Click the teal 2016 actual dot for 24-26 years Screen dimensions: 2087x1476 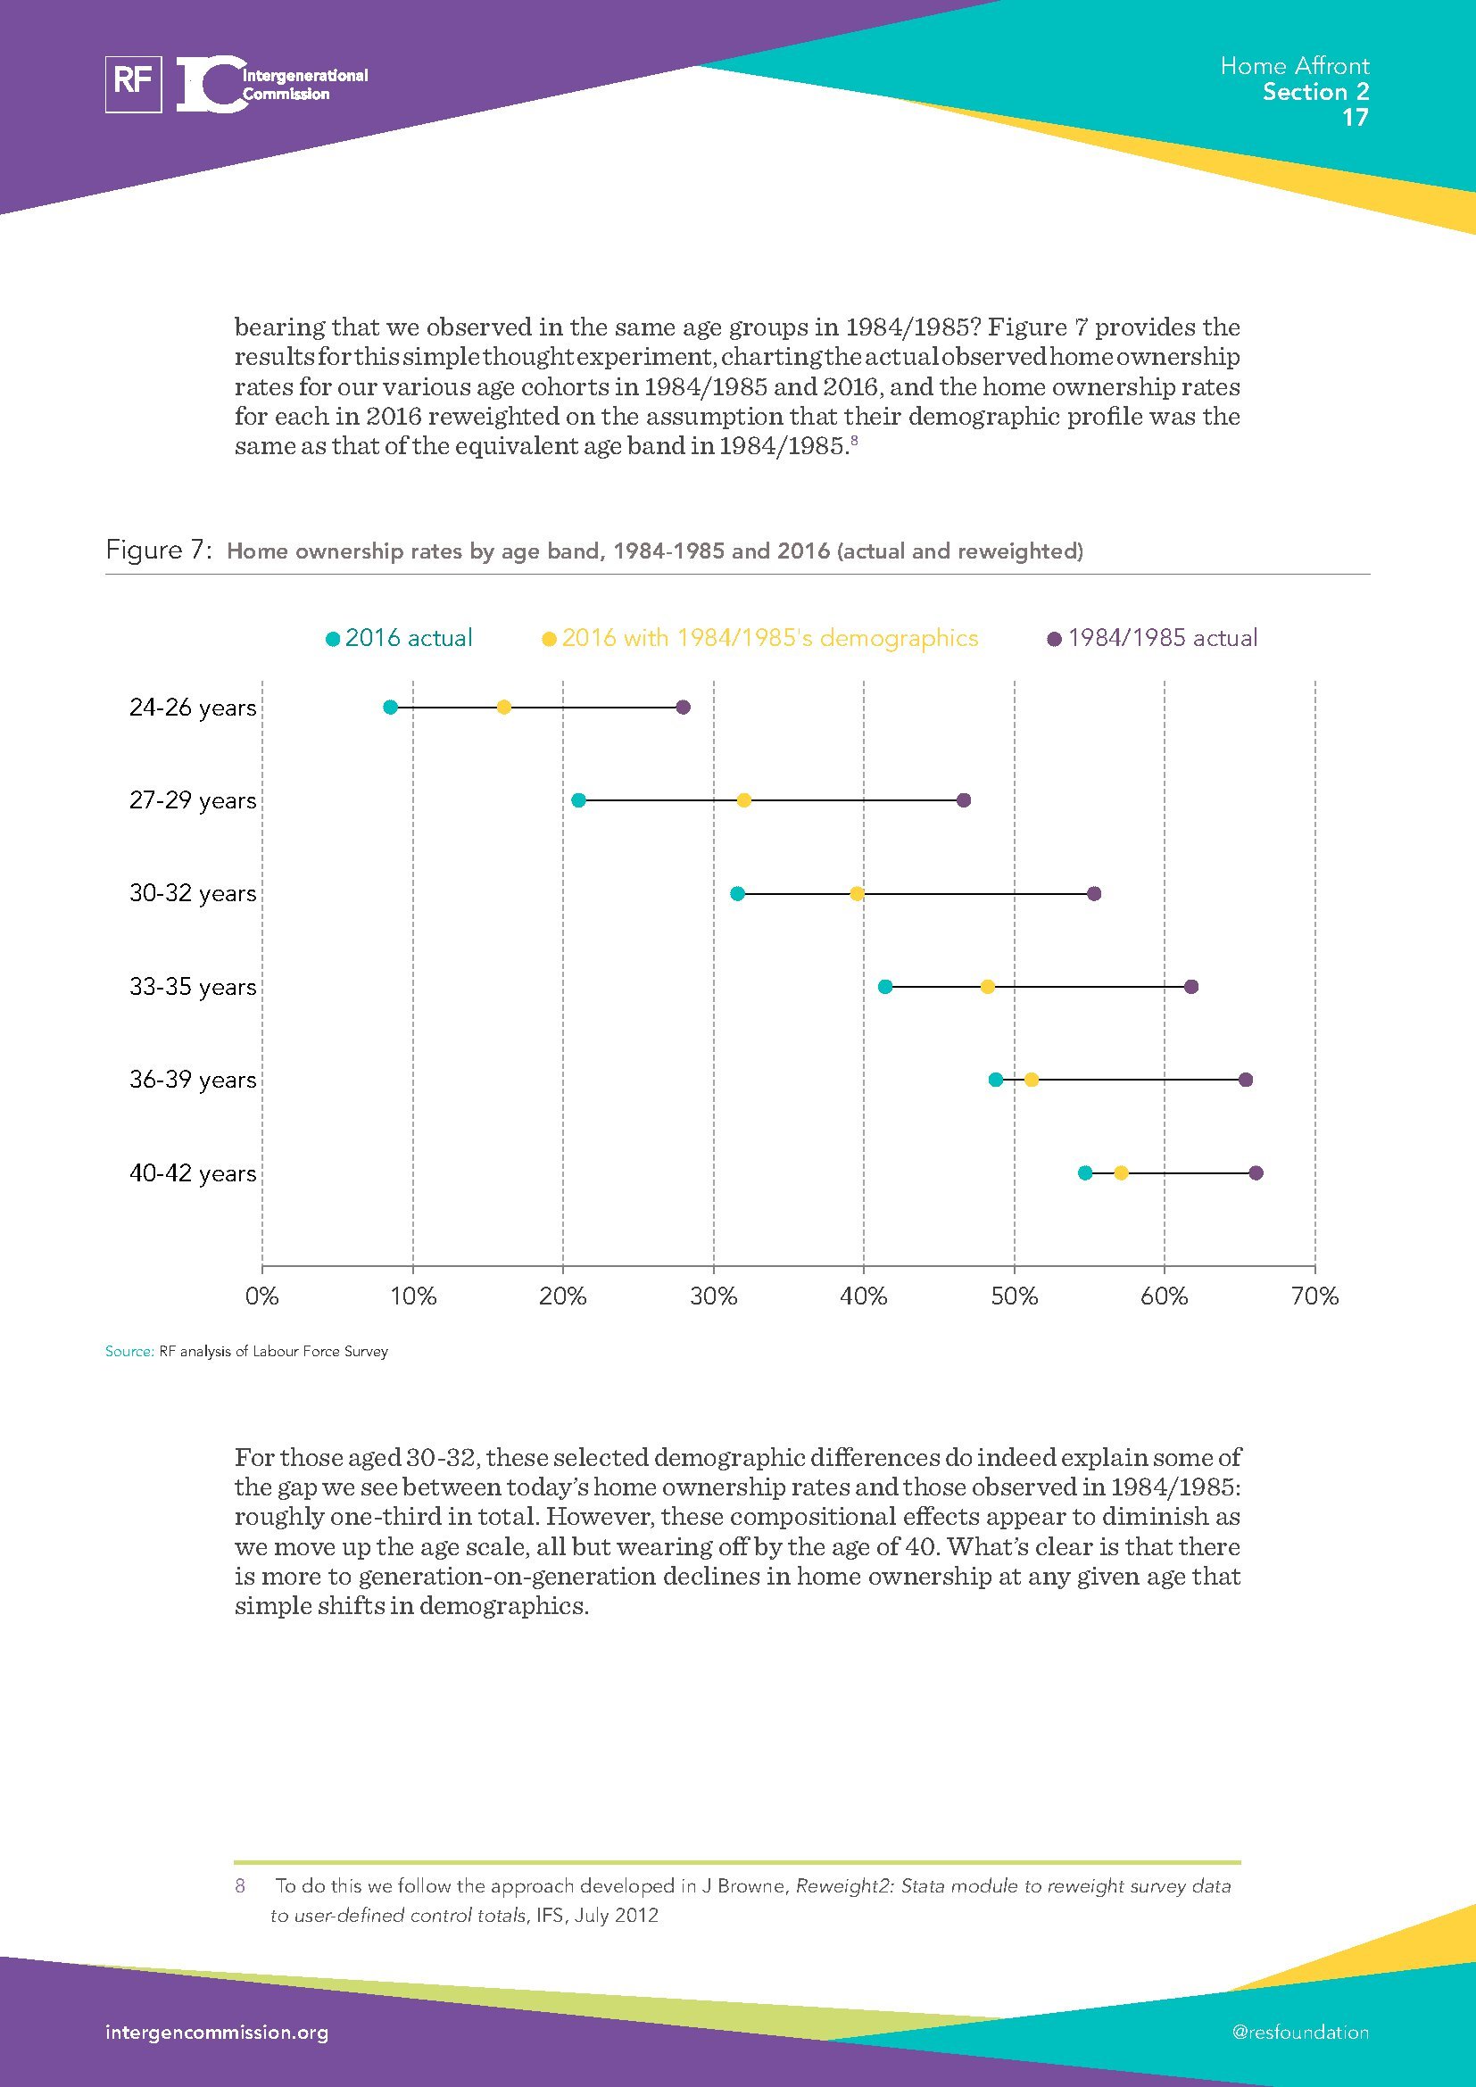391,708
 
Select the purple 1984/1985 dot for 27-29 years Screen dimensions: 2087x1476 964,799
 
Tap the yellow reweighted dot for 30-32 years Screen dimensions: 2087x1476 856,893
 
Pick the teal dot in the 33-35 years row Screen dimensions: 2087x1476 885,987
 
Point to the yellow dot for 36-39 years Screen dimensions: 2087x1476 1032,1080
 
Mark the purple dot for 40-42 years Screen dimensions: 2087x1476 1256,1173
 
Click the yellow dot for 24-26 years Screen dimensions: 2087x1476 503,708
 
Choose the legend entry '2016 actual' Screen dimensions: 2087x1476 400,638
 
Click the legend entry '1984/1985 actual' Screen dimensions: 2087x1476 1153,638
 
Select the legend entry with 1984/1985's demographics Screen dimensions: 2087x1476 760,638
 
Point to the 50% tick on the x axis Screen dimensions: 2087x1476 1015,1296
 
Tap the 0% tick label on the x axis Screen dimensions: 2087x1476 261,1296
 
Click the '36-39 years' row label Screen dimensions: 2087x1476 193,1080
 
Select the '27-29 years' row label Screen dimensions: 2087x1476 193,800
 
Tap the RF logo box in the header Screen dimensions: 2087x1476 134,84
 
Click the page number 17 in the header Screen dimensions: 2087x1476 1356,118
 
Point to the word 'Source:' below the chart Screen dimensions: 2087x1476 129,1352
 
